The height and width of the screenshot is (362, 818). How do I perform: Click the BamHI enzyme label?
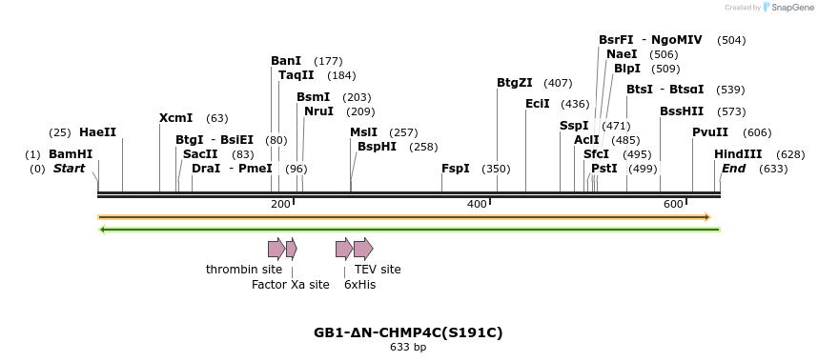[x=71, y=154]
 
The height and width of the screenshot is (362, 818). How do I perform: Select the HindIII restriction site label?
[x=738, y=154]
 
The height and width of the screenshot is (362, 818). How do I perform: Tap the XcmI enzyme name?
[x=175, y=118]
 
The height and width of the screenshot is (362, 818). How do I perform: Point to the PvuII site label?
[x=710, y=132]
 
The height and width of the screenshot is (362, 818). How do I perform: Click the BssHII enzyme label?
[x=682, y=111]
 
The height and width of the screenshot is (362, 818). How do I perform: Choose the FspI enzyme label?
[x=456, y=169]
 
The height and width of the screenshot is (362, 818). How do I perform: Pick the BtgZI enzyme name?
[x=515, y=83]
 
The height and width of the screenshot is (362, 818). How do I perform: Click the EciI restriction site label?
[x=538, y=104]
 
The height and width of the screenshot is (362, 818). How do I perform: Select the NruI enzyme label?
[x=318, y=111]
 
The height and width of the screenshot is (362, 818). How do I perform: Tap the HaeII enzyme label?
[x=97, y=132]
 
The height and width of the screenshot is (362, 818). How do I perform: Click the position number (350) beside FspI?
[x=496, y=169]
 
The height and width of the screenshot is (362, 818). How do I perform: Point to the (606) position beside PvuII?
[x=757, y=132]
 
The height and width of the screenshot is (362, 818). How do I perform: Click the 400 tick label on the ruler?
[x=477, y=205]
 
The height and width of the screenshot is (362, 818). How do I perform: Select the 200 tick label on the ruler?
[x=280, y=205]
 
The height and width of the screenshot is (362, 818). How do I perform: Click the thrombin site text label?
[x=244, y=270]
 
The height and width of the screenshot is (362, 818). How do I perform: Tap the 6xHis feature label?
[x=359, y=285]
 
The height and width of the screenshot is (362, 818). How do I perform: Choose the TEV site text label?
[x=378, y=270]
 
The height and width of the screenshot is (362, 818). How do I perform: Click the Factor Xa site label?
[x=290, y=285]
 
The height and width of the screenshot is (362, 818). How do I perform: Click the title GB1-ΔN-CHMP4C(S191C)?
[x=408, y=333]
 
